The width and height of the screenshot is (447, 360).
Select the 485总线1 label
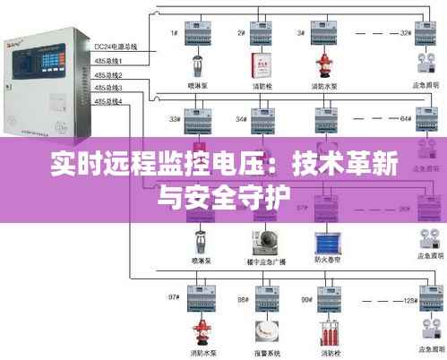pos(108,60)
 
